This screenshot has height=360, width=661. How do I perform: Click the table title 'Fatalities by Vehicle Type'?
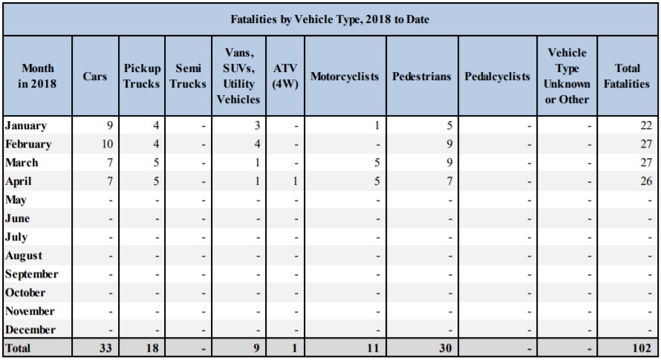(330, 17)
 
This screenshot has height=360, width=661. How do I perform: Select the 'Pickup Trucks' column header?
(141, 76)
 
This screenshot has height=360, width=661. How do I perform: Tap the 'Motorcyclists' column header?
(344, 76)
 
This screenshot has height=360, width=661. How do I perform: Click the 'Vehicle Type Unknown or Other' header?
(567, 76)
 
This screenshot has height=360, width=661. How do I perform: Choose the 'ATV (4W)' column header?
(285, 76)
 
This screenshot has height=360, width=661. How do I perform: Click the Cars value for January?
(108, 126)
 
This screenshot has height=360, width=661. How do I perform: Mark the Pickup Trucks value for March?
(154, 163)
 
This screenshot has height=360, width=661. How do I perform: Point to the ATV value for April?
(294, 182)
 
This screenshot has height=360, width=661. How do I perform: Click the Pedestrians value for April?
(449, 182)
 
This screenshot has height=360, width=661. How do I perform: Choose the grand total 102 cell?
(644, 348)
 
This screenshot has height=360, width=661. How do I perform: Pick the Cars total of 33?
(105, 348)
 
